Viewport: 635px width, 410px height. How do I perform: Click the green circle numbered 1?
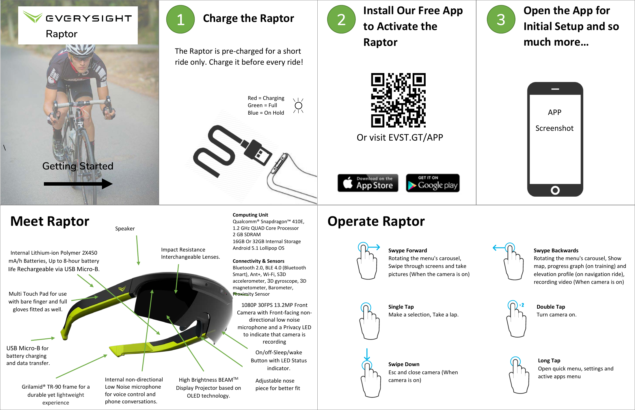pyautogui.click(x=180, y=19)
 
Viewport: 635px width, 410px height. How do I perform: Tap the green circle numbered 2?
pyautogui.click(x=341, y=19)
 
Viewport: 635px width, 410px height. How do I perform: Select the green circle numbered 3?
pyautogui.click(x=501, y=19)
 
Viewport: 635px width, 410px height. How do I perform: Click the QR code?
pyautogui.click(x=398, y=100)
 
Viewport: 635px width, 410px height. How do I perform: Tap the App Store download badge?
pyautogui.click(x=368, y=183)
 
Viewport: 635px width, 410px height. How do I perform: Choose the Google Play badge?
pyautogui.click(x=433, y=183)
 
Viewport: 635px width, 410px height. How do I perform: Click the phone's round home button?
pyautogui.click(x=555, y=190)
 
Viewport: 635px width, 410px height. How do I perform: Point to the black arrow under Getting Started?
pyautogui.click(x=78, y=184)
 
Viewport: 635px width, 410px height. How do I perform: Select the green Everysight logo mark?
pyautogui.click(x=33, y=17)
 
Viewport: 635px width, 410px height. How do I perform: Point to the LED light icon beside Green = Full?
pyautogui.click(x=298, y=106)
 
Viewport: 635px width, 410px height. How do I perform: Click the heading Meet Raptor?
pyautogui.click(x=50, y=221)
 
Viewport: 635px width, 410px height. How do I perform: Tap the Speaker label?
pyautogui.click(x=125, y=229)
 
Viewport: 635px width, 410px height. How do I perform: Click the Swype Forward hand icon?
pyautogui.click(x=367, y=261)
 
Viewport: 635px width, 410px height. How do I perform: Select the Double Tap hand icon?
pyautogui.click(x=516, y=319)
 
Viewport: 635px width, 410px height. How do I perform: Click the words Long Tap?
pyautogui.click(x=549, y=360)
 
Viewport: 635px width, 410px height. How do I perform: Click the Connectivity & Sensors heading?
pyautogui.click(x=258, y=261)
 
